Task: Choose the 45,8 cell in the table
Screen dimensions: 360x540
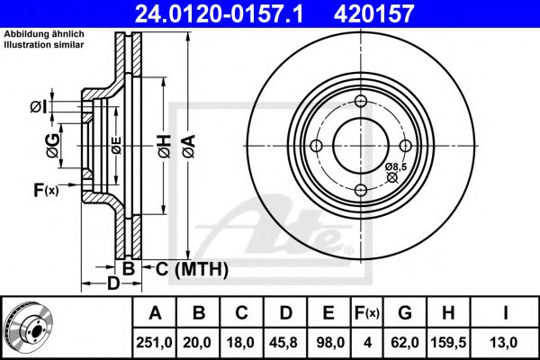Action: (x=286, y=343)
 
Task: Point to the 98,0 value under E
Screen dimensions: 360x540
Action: (x=329, y=343)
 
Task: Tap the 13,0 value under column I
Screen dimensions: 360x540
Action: (x=506, y=343)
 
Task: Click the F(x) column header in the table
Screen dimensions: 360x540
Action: (x=367, y=313)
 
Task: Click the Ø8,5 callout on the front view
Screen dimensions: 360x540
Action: (x=396, y=166)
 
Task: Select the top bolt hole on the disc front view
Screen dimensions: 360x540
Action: (x=360, y=102)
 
